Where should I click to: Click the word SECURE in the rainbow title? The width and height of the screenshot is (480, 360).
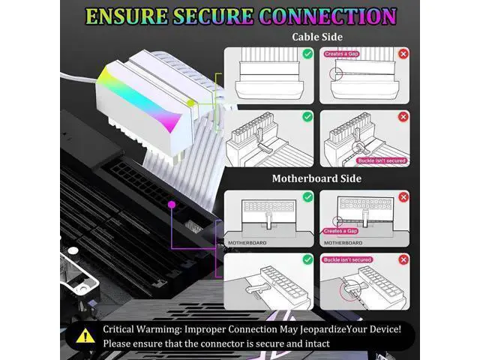[213, 16]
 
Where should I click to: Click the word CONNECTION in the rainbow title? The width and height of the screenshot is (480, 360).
[328, 16]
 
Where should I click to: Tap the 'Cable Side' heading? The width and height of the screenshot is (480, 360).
[317, 37]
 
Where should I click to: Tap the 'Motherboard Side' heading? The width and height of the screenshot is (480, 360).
[316, 178]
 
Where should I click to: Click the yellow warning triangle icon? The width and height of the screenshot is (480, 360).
[85, 335]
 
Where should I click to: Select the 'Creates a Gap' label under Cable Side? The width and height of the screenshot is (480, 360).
[342, 54]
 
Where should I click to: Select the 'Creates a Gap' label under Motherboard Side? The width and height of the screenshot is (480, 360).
[340, 231]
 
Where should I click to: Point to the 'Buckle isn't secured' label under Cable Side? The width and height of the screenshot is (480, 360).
[382, 160]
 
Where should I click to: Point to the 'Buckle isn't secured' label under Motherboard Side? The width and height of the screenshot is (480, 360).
[347, 259]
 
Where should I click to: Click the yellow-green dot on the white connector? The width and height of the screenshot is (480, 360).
[190, 103]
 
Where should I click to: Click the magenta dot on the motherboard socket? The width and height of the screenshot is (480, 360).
[172, 205]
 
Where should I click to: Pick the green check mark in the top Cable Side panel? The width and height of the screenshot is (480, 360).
[307, 54]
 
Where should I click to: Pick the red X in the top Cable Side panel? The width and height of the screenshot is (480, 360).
[403, 54]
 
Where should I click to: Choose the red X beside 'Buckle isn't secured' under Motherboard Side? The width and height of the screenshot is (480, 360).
[403, 259]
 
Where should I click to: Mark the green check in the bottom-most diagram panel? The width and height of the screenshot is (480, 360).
[307, 259]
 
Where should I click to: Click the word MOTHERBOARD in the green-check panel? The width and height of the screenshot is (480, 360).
[247, 243]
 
